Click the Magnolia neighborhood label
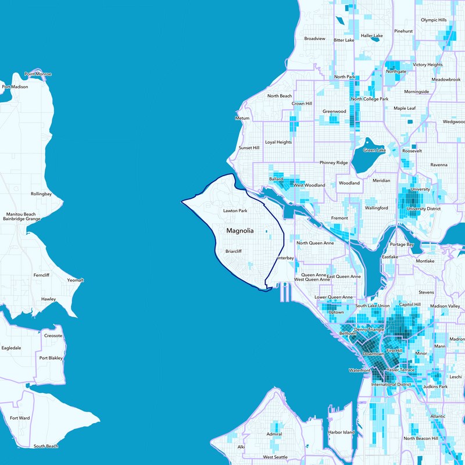239,231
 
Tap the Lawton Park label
235,210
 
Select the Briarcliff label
233,252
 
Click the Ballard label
276,180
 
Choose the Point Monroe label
38,74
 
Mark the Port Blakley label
51,358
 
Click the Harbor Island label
341,432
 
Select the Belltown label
348,334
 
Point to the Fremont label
339,219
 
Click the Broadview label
314,39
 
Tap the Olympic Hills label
434,20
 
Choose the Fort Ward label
20,418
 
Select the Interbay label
285,257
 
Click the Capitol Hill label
410,305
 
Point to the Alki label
241,447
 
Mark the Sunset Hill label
249,148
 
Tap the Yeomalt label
76,280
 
